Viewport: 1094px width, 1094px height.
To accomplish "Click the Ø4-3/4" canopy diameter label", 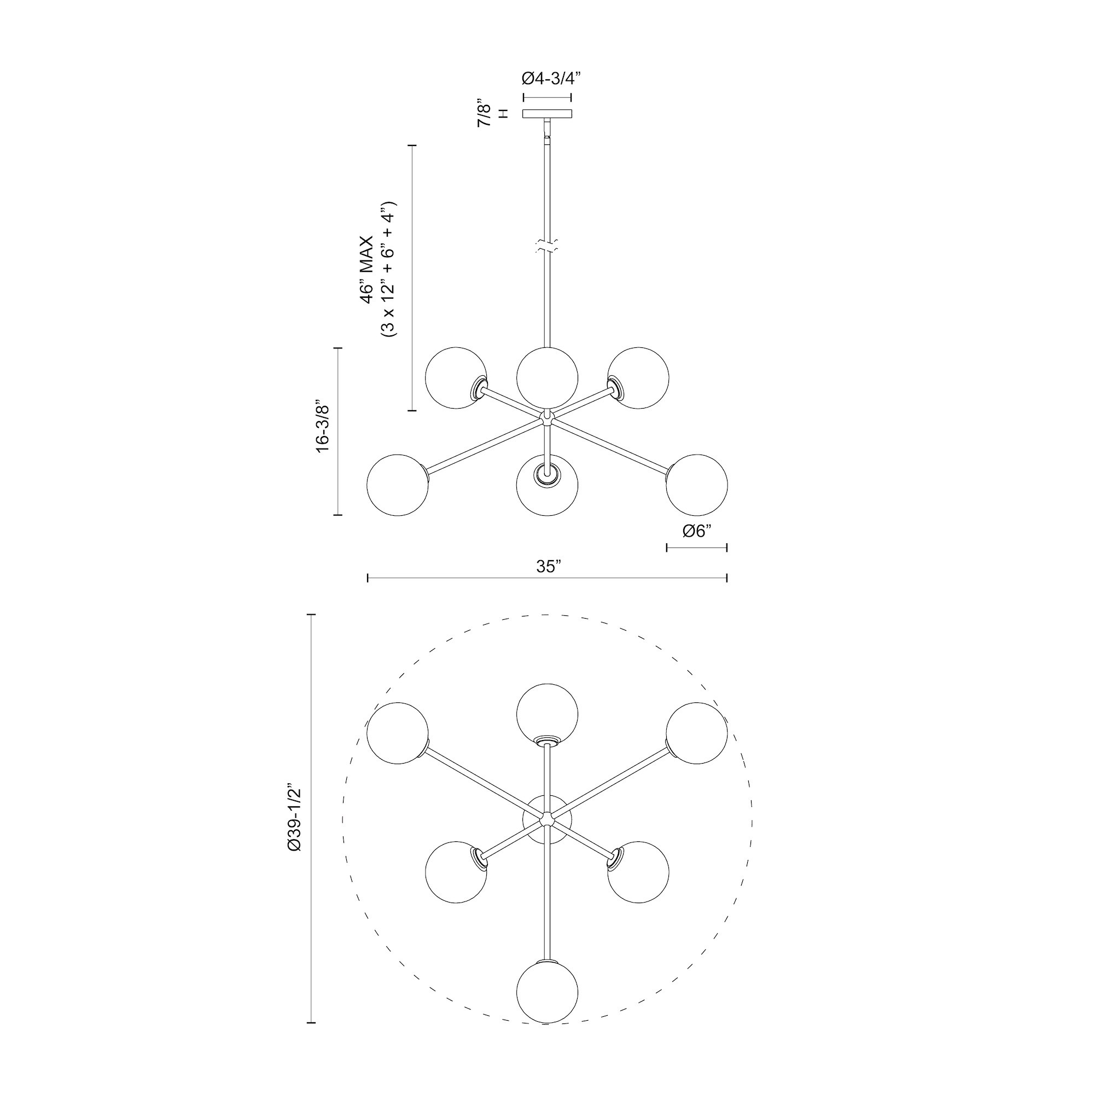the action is pyautogui.click(x=547, y=79).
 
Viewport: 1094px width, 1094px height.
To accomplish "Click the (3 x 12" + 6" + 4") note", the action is pyautogui.click(x=389, y=270).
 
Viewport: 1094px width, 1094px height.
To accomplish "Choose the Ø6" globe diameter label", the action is pyautogui.click(x=696, y=531).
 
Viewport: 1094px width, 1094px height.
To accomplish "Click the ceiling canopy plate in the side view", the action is pyautogui.click(x=547, y=114).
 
